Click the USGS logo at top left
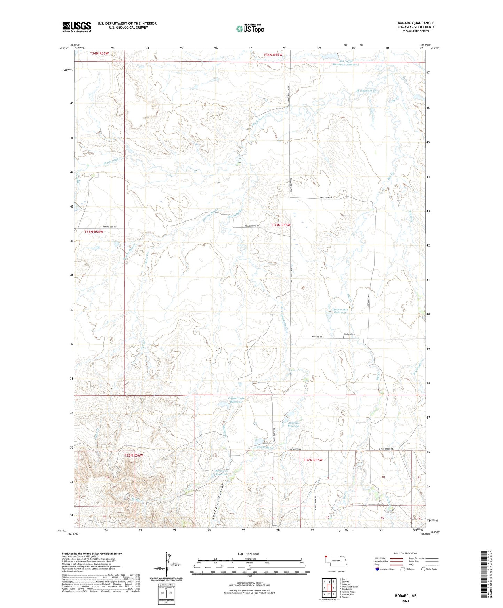pos(76,27)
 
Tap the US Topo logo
pos(250,29)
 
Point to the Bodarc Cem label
pos(349,334)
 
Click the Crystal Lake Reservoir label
pos(235,400)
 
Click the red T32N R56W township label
pos(134,455)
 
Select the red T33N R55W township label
pos(281,225)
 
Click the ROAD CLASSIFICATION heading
pos(405,553)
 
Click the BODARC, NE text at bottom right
pos(405,596)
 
